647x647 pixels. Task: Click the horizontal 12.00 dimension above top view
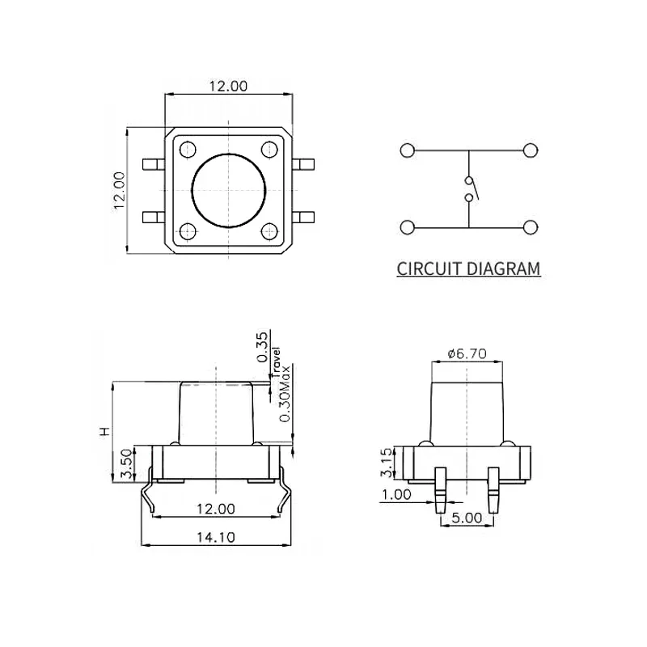[228, 86]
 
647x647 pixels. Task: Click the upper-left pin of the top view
[152, 165]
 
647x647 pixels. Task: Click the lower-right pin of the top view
[305, 217]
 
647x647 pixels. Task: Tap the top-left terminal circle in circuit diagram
[407, 150]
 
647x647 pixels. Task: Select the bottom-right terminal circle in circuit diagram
[531, 228]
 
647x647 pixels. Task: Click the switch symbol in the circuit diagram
[469, 188]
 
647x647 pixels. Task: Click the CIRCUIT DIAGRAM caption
[468, 269]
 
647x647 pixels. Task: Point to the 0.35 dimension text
[261, 347]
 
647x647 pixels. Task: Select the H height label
[103, 431]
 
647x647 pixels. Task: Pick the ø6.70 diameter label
[467, 353]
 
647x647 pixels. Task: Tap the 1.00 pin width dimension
[397, 495]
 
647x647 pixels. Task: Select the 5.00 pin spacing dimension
[467, 517]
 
